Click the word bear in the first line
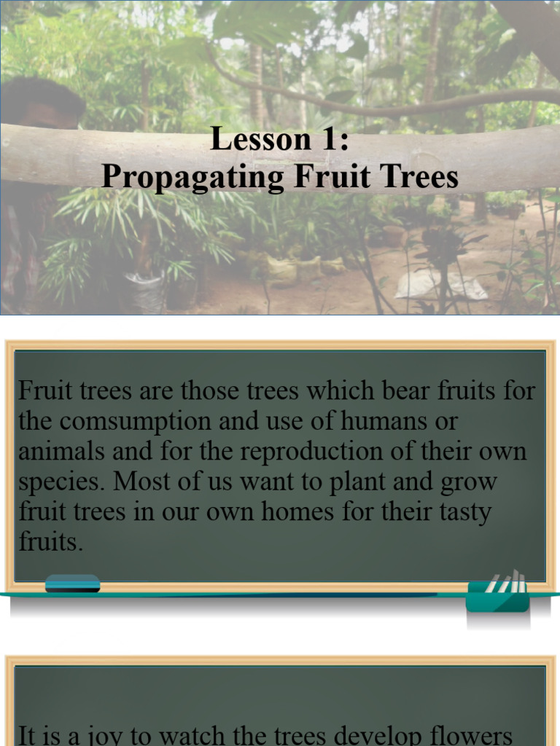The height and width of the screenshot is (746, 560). [405, 391]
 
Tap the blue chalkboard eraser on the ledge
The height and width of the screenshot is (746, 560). [72, 584]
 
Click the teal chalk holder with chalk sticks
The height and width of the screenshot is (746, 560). [497, 594]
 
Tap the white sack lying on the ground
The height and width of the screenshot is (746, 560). [441, 286]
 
